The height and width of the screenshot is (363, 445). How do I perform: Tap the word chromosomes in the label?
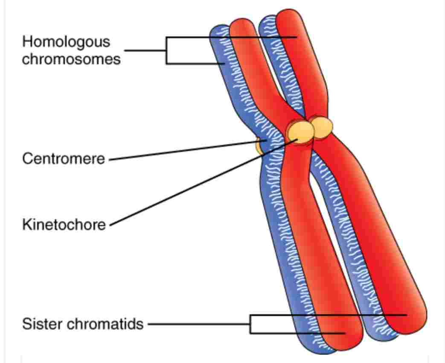click(x=71, y=59)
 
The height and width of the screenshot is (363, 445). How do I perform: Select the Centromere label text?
click(x=64, y=158)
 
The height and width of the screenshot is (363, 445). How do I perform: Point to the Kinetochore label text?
click(x=64, y=224)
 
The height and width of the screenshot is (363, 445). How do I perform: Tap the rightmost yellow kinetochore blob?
click(x=322, y=127)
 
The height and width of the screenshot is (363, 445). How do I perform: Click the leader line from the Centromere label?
click(x=187, y=150)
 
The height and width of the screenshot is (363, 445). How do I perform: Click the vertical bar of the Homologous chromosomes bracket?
click(x=166, y=50)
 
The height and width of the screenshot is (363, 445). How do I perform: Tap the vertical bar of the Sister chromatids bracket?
click(x=250, y=324)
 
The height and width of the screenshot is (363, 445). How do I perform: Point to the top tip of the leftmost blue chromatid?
click(x=220, y=26)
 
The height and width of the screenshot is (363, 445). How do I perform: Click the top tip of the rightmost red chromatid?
click(x=288, y=10)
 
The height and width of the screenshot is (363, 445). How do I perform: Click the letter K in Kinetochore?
click(x=27, y=224)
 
